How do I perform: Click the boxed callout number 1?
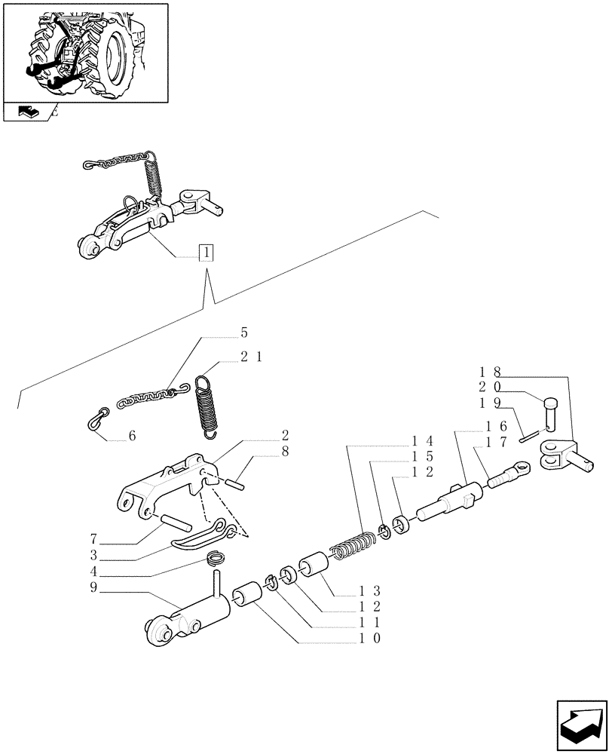click(206, 253)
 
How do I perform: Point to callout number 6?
click(133, 436)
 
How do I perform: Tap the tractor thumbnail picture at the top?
click(84, 52)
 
